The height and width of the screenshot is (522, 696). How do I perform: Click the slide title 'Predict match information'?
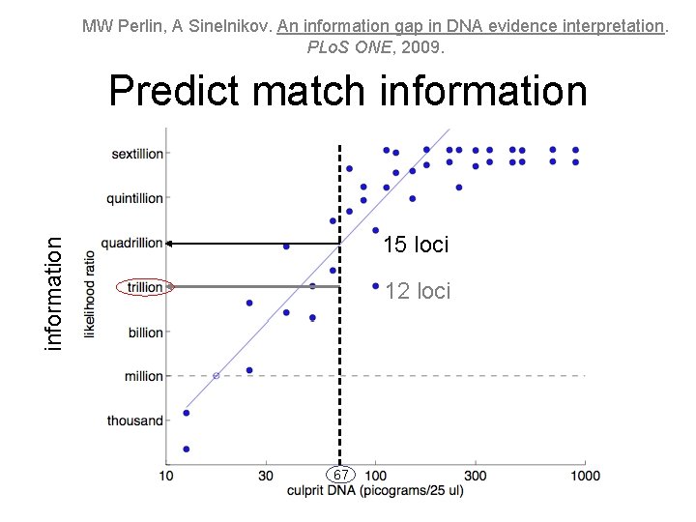click(348, 92)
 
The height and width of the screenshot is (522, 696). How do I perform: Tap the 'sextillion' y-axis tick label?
click(137, 154)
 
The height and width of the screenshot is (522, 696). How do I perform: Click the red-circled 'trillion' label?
click(143, 287)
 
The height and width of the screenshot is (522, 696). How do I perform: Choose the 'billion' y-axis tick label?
click(145, 333)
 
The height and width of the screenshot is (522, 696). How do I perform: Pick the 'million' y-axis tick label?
click(144, 376)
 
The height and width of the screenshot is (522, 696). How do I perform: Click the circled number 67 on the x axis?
click(340, 476)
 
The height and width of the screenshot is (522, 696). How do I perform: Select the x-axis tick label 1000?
click(585, 476)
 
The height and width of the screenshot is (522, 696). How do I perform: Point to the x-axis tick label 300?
click(476, 476)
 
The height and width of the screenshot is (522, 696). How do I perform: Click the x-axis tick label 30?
click(266, 476)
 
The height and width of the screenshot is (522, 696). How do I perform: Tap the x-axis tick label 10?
click(166, 476)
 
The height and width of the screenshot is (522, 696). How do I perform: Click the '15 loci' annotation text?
click(416, 245)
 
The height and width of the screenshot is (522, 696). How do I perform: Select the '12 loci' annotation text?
click(418, 291)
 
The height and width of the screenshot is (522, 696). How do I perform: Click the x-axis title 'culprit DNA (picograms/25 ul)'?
click(375, 491)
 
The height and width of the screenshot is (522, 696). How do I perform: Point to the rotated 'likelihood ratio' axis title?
click(90, 294)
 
